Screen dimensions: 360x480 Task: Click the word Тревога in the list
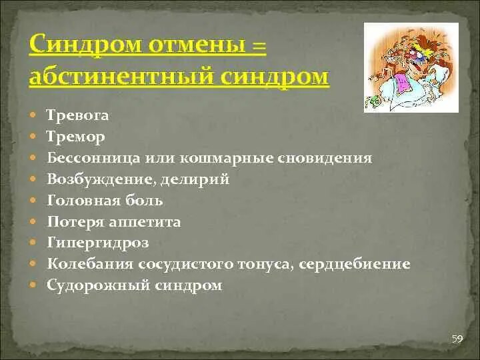(x=78, y=115)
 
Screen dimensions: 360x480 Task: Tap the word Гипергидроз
(x=98, y=243)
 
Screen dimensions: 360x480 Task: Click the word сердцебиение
(x=355, y=265)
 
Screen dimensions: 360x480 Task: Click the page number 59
(x=457, y=339)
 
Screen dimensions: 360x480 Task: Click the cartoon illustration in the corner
(x=411, y=67)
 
